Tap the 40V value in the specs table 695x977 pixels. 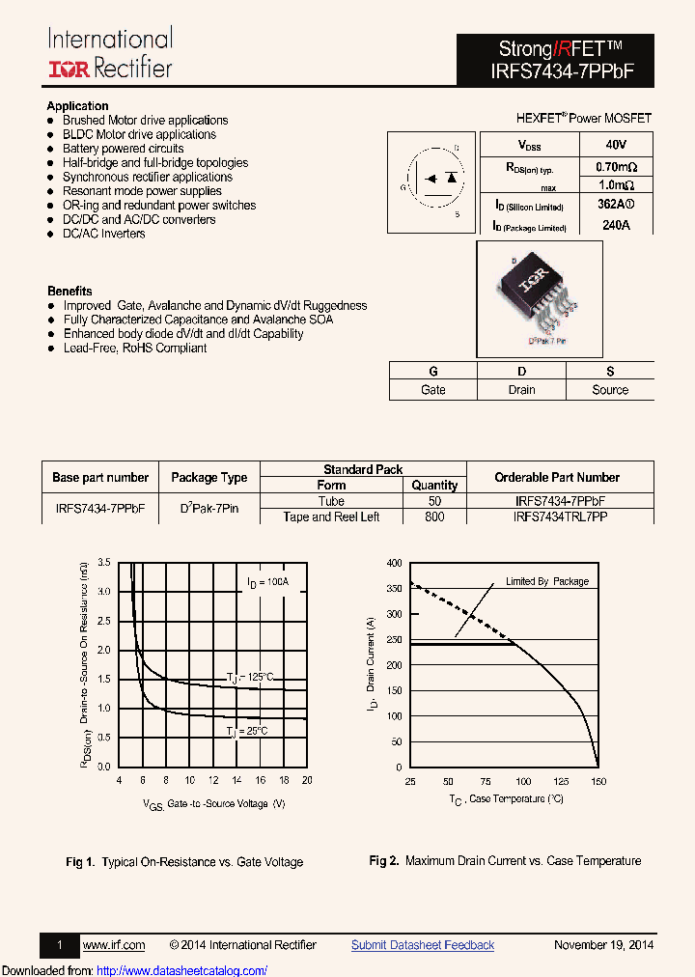616,144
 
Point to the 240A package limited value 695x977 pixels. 616,226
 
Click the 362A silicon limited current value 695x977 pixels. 614,205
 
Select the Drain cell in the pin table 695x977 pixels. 521,390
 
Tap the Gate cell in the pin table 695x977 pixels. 433,390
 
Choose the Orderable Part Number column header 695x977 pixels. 557,477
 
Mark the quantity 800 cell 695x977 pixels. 434,516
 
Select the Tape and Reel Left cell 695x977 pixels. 331,516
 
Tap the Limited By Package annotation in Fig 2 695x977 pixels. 547,581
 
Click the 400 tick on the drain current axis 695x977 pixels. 394,562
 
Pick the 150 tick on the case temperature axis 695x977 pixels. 598,781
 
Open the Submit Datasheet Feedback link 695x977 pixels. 423,945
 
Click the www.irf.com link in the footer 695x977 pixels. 114,945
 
